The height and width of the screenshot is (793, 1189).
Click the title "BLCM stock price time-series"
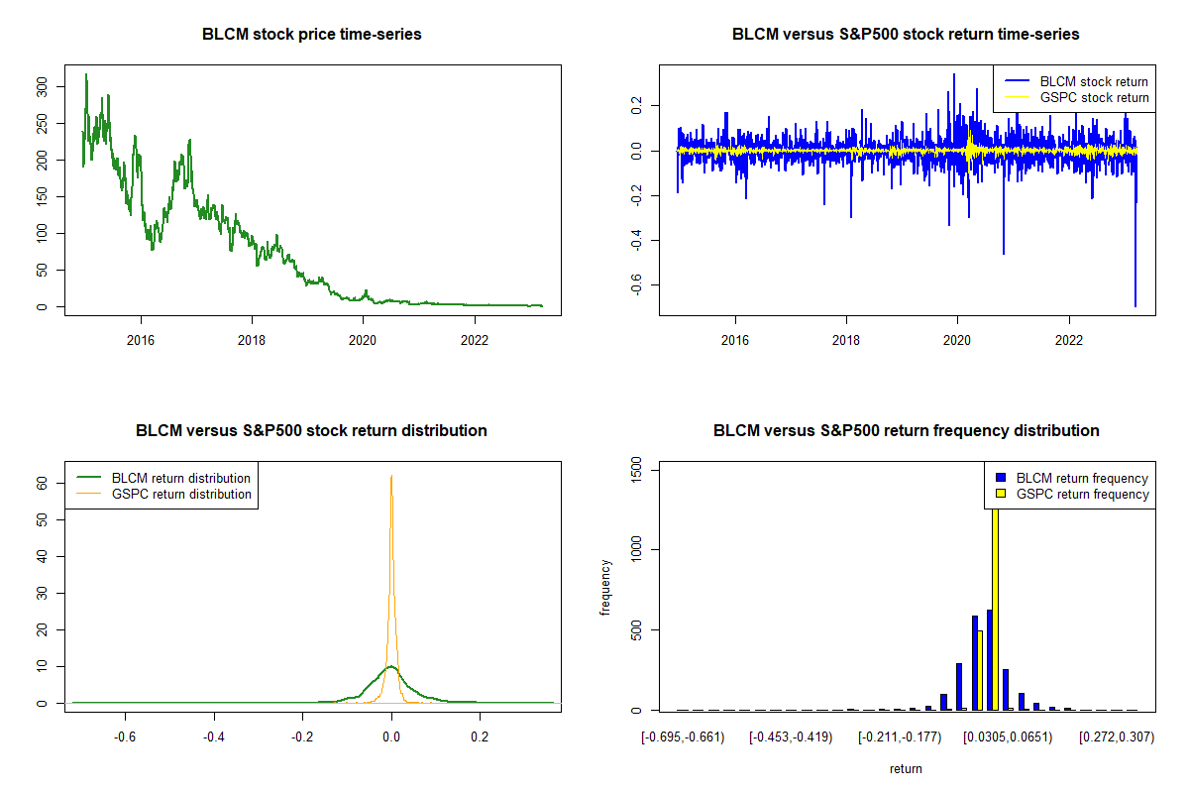coord(312,35)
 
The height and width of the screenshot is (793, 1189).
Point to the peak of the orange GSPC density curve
coord(391,477)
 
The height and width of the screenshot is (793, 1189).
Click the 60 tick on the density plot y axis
coord(42,483)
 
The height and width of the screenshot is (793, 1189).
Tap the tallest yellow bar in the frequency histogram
coord(994,615)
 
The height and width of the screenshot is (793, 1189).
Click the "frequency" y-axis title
coord(605,588)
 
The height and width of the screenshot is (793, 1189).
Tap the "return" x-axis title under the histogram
coord(906,768)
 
